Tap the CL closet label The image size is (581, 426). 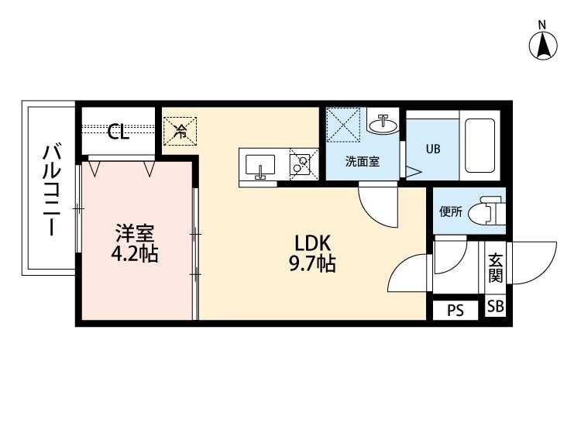pos(119,132)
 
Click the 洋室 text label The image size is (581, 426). pos(135,232)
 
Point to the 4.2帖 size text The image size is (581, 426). pos(135,253)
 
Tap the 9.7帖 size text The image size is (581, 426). pos(311,264)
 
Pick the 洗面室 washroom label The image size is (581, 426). pos(362,163)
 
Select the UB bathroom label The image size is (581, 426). pos(431,148)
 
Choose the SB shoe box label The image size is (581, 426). pos(495,307)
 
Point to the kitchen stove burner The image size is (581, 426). pos(299,164)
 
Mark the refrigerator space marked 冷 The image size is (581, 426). pos(180,129)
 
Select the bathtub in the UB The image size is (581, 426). pos(480,146)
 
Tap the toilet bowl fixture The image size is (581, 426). pos(491,210)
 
